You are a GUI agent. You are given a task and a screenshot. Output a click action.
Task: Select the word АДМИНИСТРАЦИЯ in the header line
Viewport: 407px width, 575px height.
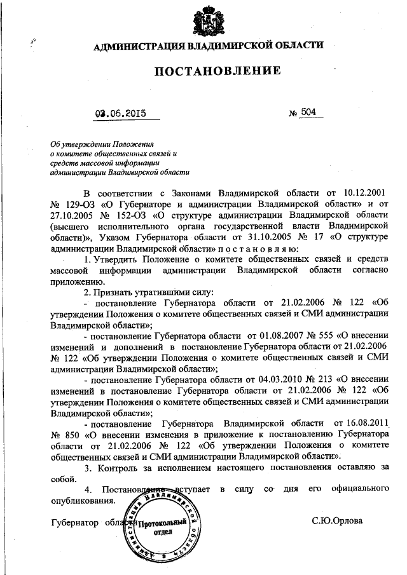[132, 46]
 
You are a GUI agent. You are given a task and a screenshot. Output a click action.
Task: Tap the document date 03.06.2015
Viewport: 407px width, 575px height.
[120, 115]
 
